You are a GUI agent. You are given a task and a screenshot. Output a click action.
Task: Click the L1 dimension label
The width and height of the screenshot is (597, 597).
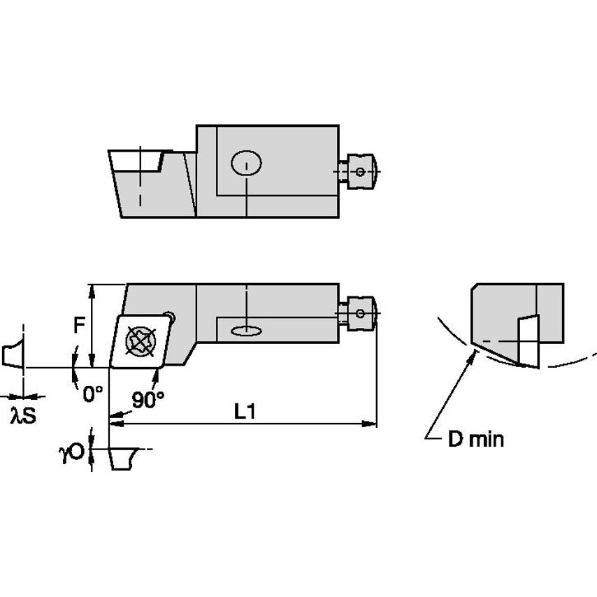tap(244, 412)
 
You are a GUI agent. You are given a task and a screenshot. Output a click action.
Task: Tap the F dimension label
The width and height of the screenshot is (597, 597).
tap(80, 325)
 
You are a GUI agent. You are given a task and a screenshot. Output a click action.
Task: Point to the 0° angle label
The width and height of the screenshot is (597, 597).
tap(93, 394)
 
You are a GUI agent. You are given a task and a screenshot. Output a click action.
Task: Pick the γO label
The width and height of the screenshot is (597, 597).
tap(71, 454)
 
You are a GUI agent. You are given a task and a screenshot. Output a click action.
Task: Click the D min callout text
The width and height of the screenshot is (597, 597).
tap(475, 439)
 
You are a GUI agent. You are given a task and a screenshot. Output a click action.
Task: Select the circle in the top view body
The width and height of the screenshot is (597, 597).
tap(247, 164)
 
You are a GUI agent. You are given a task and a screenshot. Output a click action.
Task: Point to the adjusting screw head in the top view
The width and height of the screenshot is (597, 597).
tap(362, 171)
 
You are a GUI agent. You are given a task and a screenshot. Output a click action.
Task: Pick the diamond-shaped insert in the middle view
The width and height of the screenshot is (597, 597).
tap(140, 340)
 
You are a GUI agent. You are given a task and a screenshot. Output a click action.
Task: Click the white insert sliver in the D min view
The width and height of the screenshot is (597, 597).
tap(528, 340)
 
